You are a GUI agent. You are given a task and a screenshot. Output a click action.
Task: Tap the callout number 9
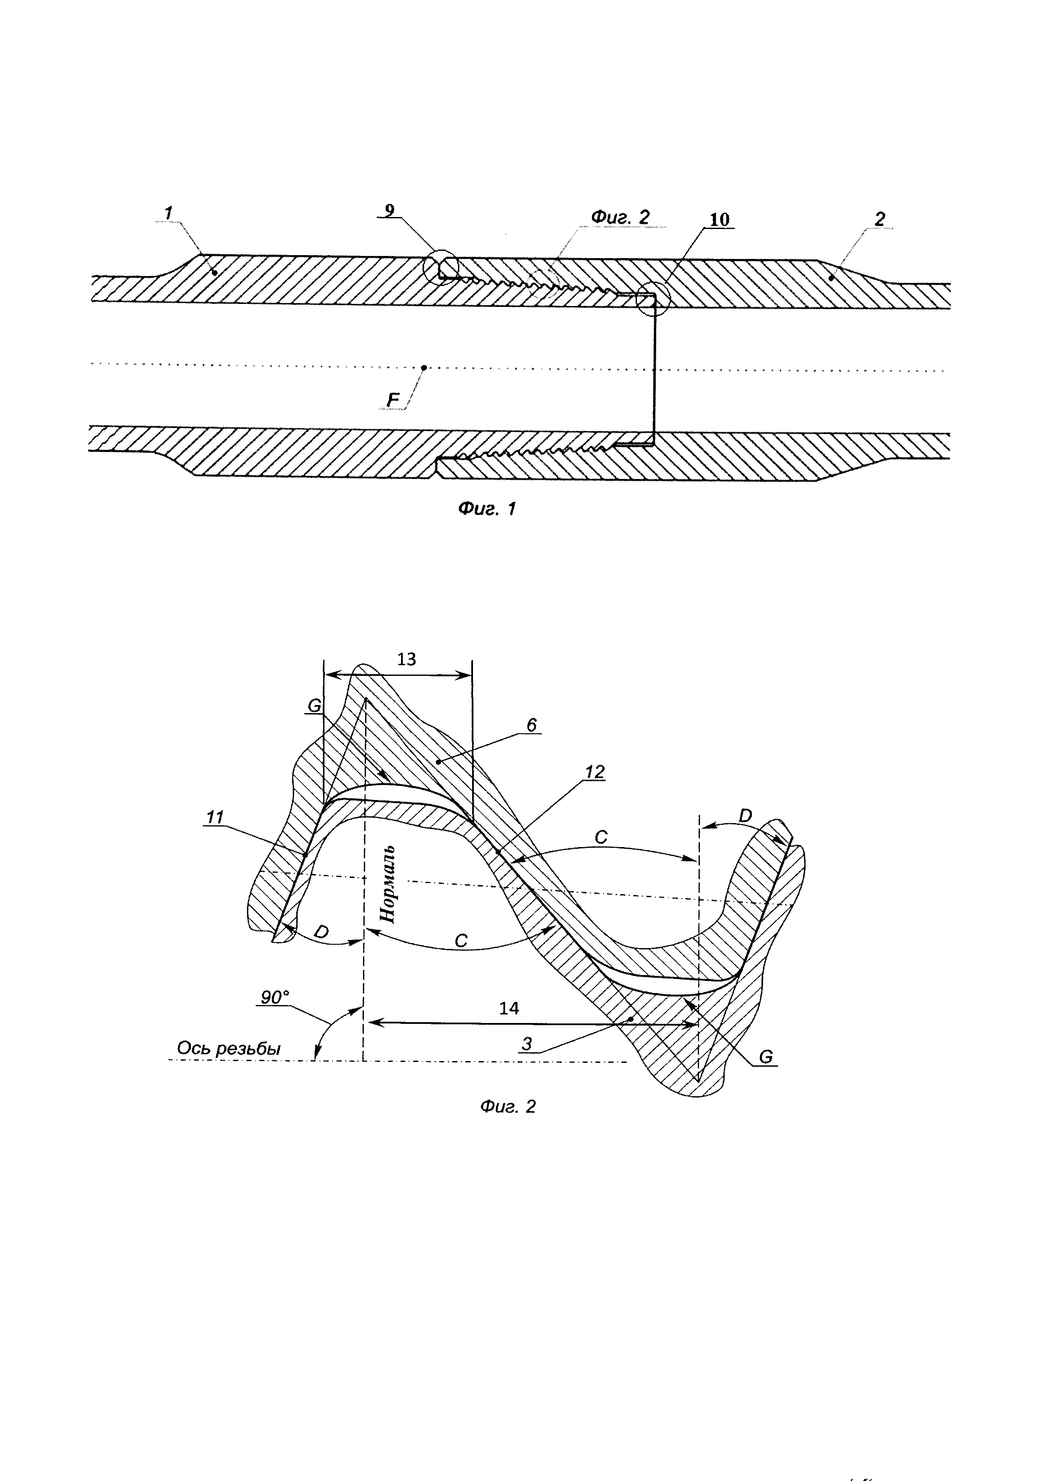pyautogui.click(x=389, y=210)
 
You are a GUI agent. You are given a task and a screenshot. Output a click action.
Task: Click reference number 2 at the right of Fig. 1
pyautogui.click(x=880, y=219)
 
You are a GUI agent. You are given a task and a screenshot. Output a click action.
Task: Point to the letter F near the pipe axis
pyautogui.click(x=392, y=401)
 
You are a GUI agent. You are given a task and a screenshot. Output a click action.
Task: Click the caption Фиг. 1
pyautogui.click(x=487, y=509)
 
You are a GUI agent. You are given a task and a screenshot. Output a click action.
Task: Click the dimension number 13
pyautogui.click(x=406, y=659)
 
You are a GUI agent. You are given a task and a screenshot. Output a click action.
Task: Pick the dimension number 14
pyautogui.click(x=509, y=1008)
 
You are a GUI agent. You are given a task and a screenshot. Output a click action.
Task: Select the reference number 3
pyautogui.click(x=527, y=1043)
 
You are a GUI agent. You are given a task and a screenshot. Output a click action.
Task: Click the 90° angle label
pyautogui.click(x=275, y=997)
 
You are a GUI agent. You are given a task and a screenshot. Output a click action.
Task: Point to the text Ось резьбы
pyautogui.click(x=229, y=1048)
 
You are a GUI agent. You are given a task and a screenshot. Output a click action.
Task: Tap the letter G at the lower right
pyautogui.click(x=766, y=1056)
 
